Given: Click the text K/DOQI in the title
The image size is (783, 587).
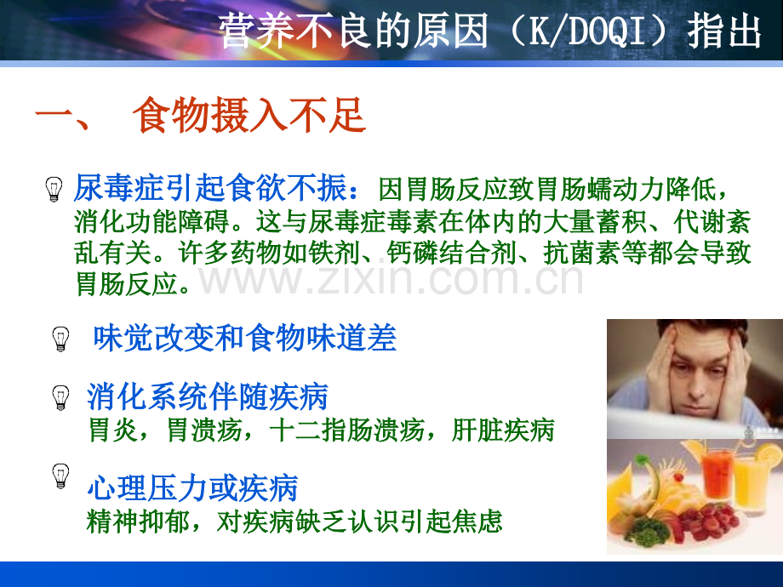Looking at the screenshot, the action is click(586, 31).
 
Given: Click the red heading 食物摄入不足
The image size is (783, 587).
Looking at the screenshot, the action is click(249, 116).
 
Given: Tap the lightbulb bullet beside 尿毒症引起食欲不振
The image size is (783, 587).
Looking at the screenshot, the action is click(54, 189).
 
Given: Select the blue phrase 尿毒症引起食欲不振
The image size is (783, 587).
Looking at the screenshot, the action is click(210, 188).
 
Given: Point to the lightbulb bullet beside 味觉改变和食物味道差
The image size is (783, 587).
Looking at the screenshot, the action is click(61, 339).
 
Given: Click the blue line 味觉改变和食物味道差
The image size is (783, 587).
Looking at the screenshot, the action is click(245, 338).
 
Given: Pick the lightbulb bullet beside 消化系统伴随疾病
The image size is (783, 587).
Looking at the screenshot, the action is click(61, 398).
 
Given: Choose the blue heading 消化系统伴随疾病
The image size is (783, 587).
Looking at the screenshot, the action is click(207, 396).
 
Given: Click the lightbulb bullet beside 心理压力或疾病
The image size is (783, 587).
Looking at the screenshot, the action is click(61, 476).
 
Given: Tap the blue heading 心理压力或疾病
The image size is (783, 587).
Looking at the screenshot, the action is click(192, 487).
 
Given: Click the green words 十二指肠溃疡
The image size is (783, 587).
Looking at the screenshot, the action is click(346, 430).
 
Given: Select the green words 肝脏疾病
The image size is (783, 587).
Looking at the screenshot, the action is click(503, 430).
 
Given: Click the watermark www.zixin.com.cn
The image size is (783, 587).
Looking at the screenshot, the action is click(391, 278).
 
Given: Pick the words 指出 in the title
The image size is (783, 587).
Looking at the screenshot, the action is click(724, 31).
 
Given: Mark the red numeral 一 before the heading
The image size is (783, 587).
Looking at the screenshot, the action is click(54, 117).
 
